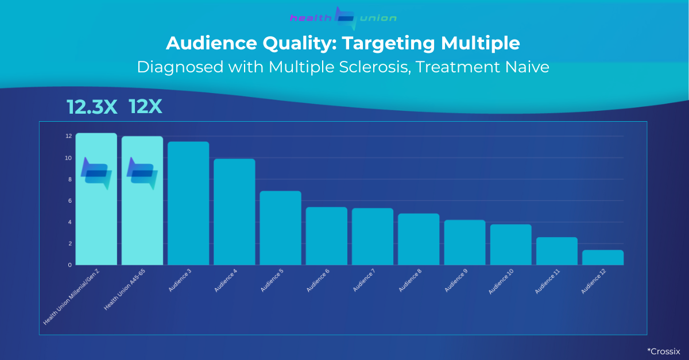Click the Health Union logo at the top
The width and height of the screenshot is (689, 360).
(343, 18)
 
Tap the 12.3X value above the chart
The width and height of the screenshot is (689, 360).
(92, 107)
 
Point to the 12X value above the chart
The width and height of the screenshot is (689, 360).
(145, 106)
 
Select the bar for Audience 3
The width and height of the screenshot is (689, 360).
(188, 203)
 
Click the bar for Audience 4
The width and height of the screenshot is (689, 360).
(234, 212)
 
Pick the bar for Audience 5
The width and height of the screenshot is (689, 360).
(280, 228)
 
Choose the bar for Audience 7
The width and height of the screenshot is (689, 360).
(373, 237)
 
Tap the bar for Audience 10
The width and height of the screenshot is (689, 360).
(510, 245)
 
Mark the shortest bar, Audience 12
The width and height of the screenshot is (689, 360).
(603, 257)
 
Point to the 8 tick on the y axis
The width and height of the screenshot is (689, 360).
(69, 179)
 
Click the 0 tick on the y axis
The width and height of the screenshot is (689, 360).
(69, 265)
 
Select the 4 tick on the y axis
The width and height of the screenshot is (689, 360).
(69, 222)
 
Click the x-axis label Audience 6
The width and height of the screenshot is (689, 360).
(318, 280)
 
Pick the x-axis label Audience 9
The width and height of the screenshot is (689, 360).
(456, 280)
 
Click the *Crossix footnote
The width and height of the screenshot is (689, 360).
(663, 351)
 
